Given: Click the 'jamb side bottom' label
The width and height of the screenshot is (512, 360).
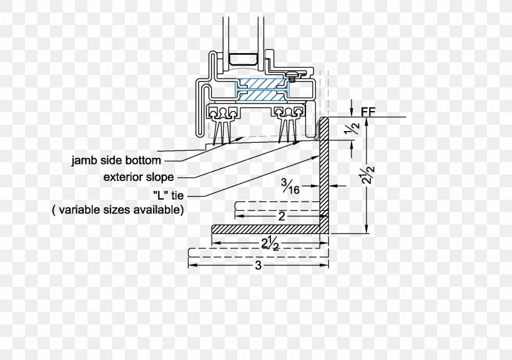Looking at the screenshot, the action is click(x=116, y=160).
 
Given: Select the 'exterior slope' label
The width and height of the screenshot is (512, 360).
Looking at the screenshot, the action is click(x=139, y=177).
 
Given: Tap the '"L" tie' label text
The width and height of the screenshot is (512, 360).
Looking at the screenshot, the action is click(x=169, y=195).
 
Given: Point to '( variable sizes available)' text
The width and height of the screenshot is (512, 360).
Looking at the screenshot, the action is click(x=117, y=209).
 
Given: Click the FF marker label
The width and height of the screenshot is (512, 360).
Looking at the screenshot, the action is click(x=368, y=112).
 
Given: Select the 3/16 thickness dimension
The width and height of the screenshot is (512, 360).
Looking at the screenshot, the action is click(x=290, y=187).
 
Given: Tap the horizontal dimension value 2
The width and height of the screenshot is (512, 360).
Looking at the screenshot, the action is click(x=282, y=216).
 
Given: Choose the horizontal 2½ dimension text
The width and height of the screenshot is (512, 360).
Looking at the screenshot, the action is click(x=270, y=244).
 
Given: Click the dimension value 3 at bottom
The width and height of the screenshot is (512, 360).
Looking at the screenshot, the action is click(x=258, y=265).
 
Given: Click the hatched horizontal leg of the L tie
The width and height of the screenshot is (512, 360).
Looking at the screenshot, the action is click(x=265, y=229).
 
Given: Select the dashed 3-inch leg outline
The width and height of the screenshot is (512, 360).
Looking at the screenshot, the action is click(x=258, y=253).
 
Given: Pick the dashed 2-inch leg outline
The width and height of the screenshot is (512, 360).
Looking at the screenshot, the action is click(x=278, y=207).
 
